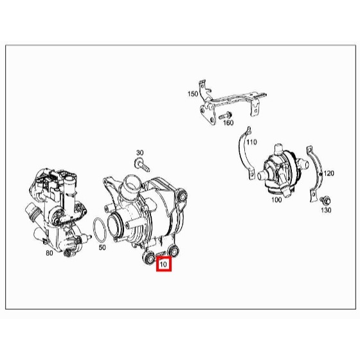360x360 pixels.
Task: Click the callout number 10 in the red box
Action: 163,264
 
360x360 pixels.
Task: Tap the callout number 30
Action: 140,153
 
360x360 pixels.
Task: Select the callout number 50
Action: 102,248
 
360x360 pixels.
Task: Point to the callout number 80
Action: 50,253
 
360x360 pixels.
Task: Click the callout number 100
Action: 276,200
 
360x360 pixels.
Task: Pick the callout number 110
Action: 251,142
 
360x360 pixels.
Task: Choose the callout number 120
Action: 328,174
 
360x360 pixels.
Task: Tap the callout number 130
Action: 326,210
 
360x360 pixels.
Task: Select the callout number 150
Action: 193,94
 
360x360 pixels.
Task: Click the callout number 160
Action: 228,123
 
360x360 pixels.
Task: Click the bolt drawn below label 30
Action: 142,165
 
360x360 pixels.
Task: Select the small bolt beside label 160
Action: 225,115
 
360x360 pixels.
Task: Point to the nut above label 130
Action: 326,201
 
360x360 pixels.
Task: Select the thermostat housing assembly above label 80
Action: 57,212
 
